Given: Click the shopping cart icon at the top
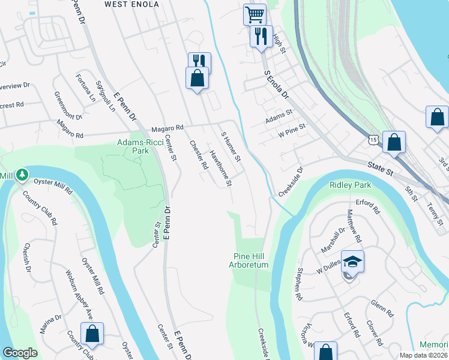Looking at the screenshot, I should point(255,14).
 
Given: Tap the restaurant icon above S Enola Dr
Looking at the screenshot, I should point(261,36).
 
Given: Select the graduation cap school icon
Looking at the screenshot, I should point(352,261).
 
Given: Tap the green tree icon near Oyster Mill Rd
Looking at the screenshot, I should point(22,175).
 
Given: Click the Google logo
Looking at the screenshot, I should point(20,353).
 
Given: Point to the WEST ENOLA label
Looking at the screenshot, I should point(131,5).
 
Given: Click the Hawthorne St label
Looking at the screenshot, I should point(220,168).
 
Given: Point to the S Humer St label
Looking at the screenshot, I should point(231,148).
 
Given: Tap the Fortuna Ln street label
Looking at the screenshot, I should point(85,86).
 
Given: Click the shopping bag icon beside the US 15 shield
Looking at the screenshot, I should point(394,143).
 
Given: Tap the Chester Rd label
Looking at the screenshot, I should point(199,155).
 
